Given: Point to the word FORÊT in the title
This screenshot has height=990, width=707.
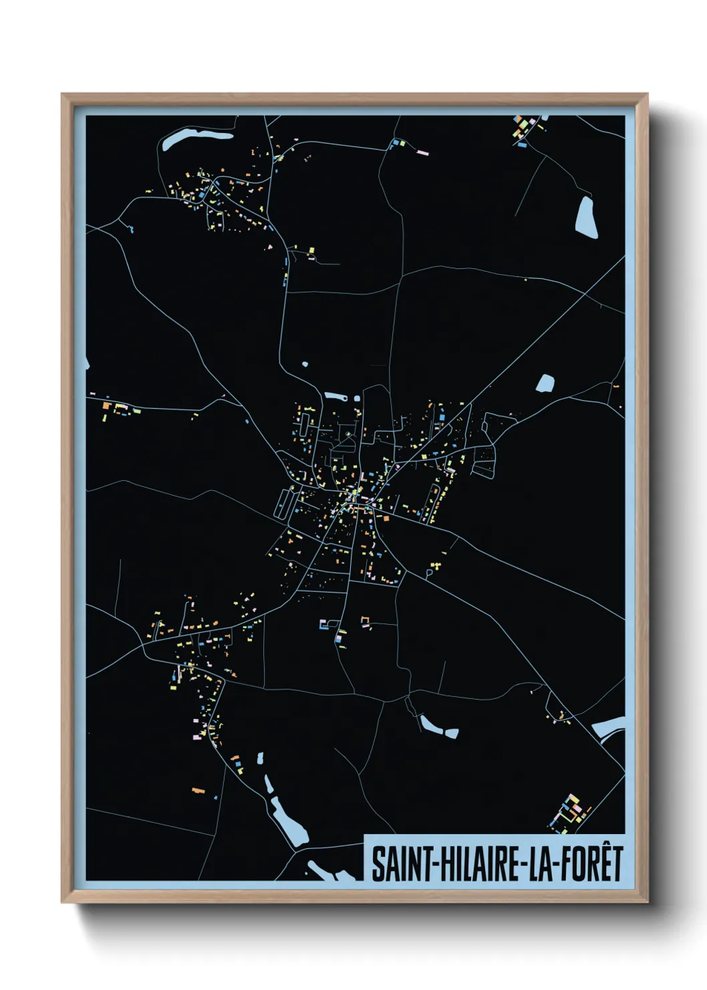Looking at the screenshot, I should coord(589,864).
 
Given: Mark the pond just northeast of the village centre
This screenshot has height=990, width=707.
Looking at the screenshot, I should coord(545,383).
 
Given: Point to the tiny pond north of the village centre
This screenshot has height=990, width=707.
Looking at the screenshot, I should coord(305,365).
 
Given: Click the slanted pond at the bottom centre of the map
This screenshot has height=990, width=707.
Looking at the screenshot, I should coord(438,726).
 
